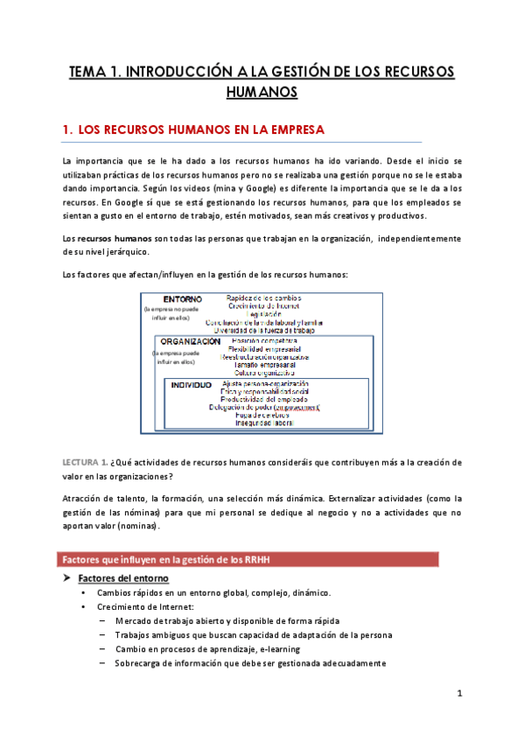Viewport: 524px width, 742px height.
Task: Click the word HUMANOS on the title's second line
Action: (262, 91)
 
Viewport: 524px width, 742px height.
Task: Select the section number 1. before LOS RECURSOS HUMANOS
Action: (66, 129)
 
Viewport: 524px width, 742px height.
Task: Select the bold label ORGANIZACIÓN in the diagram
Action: (189, 341)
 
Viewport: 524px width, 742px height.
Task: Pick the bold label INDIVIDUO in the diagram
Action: (191, 384)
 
